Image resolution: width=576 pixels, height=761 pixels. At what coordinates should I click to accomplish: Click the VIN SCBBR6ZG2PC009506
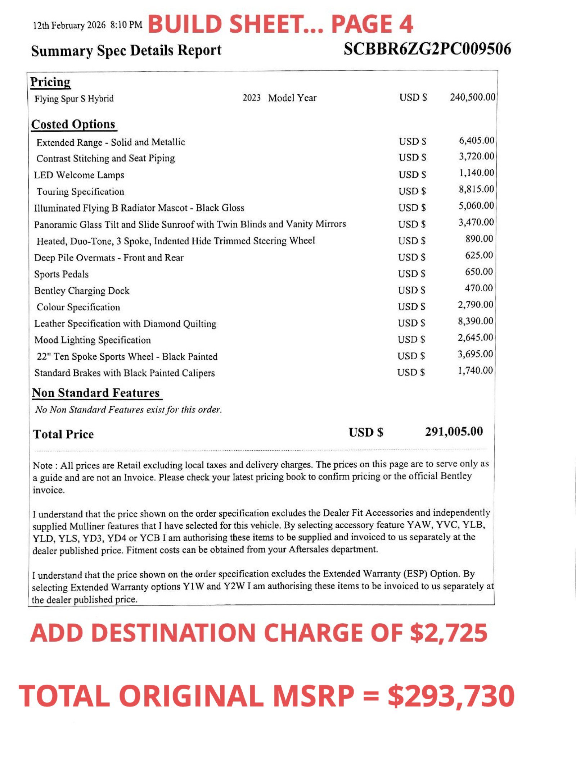pyautogui.click(x=427, y=49)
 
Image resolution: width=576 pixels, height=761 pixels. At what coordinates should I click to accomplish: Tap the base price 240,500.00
pyautogui.click(x=472, y=97)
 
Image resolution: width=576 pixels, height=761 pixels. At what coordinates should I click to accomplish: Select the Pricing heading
pyautogui.click(x=50, y=82)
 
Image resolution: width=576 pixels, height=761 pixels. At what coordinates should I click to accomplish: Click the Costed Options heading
pyautogui.click(x=73, y=124)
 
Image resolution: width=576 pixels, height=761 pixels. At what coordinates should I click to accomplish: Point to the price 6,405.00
pyautogui.click(x=476, y=141)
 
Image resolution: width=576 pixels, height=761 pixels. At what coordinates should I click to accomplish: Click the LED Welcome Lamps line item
pyautogui.click(x=79, y=175)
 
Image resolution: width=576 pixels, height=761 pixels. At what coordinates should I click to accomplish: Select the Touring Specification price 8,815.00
pyautogui.click(x=476, y=189)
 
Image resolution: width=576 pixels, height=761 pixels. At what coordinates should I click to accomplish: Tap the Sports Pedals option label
pyautogui.click(x=61, y=274)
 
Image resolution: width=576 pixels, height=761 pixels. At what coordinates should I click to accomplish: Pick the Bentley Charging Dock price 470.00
pyautogui.click(x=478, y=288)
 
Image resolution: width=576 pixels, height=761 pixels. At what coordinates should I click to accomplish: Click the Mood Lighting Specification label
pyautogui.click(x=93, y=340)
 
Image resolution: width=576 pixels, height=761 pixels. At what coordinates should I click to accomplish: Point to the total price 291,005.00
pyautogui.click(x=454, y=432)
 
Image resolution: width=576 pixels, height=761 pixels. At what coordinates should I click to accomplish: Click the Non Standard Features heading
pyautogui.click(x=96, y=393)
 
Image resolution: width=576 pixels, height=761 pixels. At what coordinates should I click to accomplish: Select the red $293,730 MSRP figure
pyautogui.click(x=451, y=696)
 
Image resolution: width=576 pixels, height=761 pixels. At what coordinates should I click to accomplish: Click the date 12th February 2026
pyautogui.click(x=69, y=25)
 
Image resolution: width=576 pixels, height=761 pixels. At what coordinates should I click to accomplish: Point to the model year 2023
pyautogui.click(x=251, y=98)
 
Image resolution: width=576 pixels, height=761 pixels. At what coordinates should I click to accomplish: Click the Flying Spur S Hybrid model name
pyautogui.click(x=74, y=99)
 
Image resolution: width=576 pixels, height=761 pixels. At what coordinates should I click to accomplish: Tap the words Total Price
pyautogui.click(x=63, y=434)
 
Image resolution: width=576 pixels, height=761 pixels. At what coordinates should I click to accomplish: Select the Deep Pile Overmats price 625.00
pyautogui.click(x=479, y=255)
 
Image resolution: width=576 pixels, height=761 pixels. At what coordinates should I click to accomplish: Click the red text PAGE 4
pyautogui.click(x=372, y=24)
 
